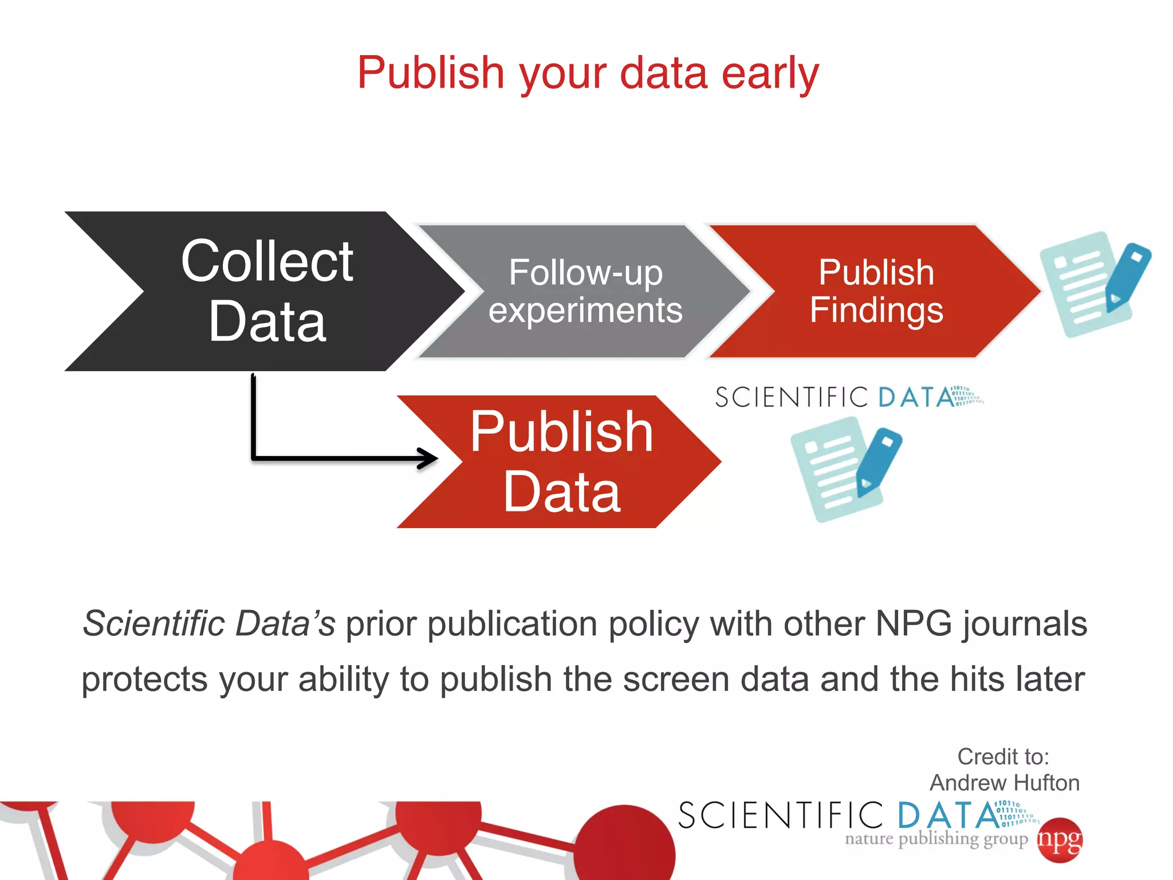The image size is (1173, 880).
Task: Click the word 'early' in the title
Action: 770,73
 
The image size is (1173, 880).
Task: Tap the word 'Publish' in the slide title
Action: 430,73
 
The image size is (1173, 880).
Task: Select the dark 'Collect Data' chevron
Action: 266,291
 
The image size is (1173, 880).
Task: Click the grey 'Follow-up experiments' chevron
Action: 585,291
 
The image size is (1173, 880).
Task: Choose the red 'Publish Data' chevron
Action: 561,462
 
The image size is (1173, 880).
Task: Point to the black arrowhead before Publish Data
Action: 428,458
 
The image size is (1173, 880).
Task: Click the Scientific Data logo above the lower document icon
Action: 848,397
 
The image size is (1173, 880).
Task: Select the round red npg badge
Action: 1060,840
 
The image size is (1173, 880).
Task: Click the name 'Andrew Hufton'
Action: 1004,783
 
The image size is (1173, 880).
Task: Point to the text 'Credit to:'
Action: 1003,757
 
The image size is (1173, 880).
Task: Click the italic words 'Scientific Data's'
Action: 209,623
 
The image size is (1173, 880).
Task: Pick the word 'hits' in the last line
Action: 977,679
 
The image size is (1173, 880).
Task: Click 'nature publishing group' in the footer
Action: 936,839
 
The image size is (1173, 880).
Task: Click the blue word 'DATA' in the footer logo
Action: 948,816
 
